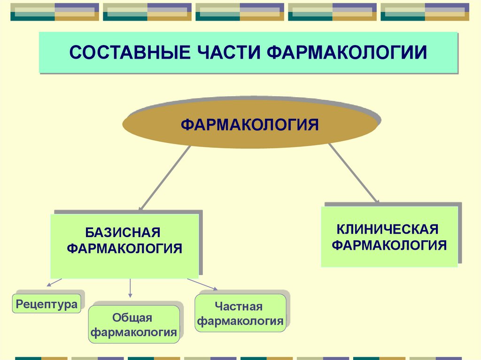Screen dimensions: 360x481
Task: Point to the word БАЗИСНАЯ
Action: click(123, 232)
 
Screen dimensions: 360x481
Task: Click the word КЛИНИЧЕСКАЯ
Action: click(388, 230)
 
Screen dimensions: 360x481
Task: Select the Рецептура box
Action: click(47, 304)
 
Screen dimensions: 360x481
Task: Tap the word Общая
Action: click(132, 318)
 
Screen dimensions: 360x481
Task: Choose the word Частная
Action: click(239, 306)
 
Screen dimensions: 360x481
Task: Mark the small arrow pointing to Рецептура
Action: click(54, 282)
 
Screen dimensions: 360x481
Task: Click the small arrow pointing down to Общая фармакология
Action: click(130, 288)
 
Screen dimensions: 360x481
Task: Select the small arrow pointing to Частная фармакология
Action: click(202, 284)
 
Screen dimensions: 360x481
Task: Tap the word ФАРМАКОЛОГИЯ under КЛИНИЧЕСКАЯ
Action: click(389, 245)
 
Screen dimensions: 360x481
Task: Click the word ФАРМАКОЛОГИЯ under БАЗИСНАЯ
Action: click(124, 248)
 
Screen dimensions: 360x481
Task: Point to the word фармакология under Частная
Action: click(240, 322)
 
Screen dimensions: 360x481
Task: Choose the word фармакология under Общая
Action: click(134, 333)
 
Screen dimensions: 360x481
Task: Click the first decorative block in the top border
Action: click(54, 12)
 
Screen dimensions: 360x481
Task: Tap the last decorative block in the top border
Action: click(425, 12)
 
